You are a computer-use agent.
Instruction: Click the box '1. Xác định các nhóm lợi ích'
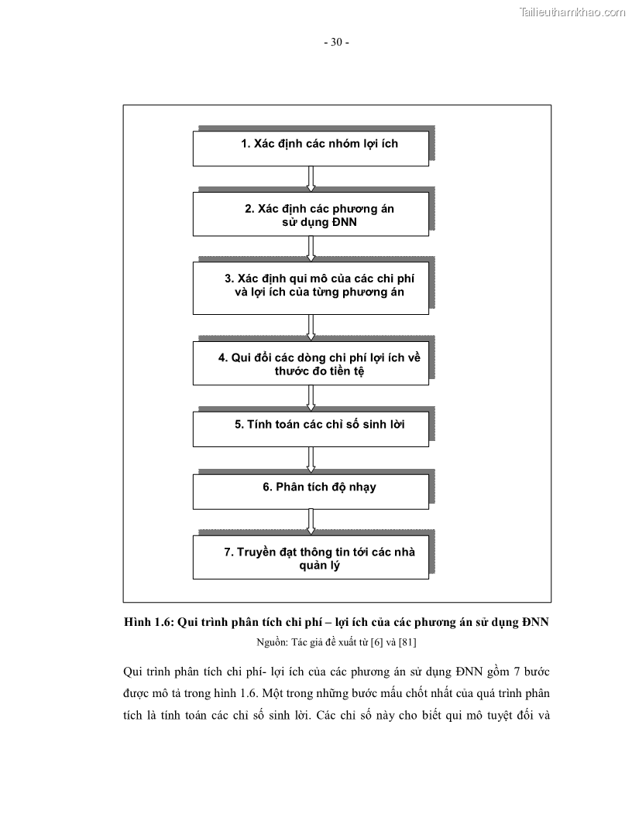coord(311,148)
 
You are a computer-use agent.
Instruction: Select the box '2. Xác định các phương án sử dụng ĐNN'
coord(311,214)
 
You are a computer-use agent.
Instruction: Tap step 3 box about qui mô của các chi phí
coord(311,287)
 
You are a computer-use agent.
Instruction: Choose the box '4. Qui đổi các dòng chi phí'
coord(311,364)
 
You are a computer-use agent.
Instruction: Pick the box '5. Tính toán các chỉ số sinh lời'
coord(311,429)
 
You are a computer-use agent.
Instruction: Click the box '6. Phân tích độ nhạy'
coord(311,491)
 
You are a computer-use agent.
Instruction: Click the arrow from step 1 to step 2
coord(311,179)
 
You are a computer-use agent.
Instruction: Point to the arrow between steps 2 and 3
coord(311,249)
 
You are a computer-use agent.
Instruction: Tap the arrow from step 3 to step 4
coord(311,326)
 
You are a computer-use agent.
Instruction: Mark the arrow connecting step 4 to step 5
coord(311,398)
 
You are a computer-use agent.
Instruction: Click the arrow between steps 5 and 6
coord(311,460)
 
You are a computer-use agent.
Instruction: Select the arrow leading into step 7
coord(311,521)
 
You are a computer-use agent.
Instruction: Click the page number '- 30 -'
coord(336,43)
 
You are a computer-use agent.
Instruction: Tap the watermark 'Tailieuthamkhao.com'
coord(572,12)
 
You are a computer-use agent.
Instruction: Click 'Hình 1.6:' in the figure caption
coord(149,623)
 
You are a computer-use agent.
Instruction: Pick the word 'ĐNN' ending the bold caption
coord(535,623)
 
